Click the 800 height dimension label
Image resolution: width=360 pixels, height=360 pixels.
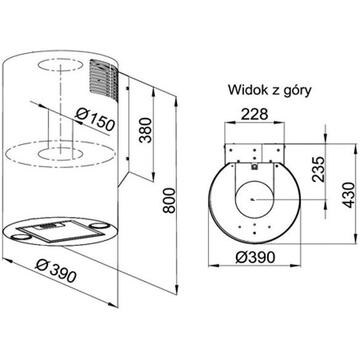[x=170, y=200]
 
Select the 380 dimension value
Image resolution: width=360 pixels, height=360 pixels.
[x=145, y=130]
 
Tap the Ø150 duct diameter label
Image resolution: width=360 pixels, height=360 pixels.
[x=95, y=119]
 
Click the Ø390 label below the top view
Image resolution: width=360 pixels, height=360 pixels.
[x=255, y=257]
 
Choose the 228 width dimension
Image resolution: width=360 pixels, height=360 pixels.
[x=254, y=114]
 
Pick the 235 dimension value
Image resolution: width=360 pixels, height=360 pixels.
[x=319, y=169]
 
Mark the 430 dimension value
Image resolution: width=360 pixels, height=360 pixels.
[x=348, y=195]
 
